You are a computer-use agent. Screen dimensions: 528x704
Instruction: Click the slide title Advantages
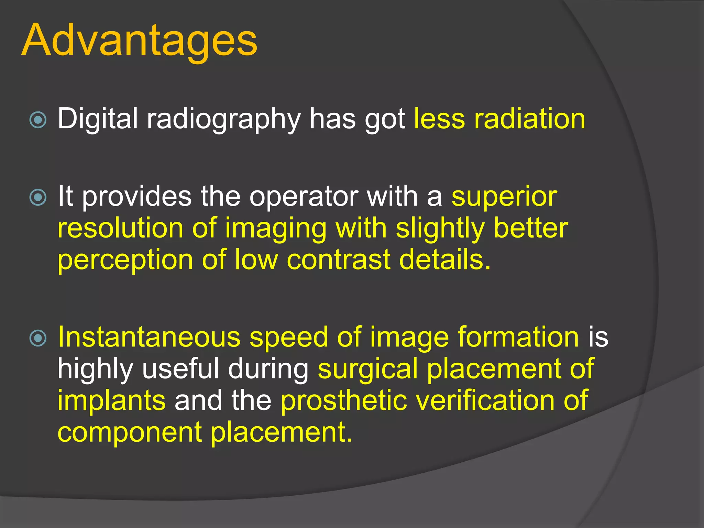coord(139,41)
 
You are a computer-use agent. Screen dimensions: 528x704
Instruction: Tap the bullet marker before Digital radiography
coord(38,120)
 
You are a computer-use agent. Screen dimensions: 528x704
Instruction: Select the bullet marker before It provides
coord(38,197)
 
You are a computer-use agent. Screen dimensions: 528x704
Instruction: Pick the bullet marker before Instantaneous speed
coord(38,338)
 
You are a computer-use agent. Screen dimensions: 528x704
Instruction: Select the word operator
coord(304,197)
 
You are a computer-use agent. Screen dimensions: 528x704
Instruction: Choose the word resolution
coord(120,228)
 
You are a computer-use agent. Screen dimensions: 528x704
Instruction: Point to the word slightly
coord(440,229)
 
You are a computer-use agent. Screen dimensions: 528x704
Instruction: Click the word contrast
coord(338,260)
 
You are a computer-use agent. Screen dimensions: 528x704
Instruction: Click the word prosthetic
coord(344,401)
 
